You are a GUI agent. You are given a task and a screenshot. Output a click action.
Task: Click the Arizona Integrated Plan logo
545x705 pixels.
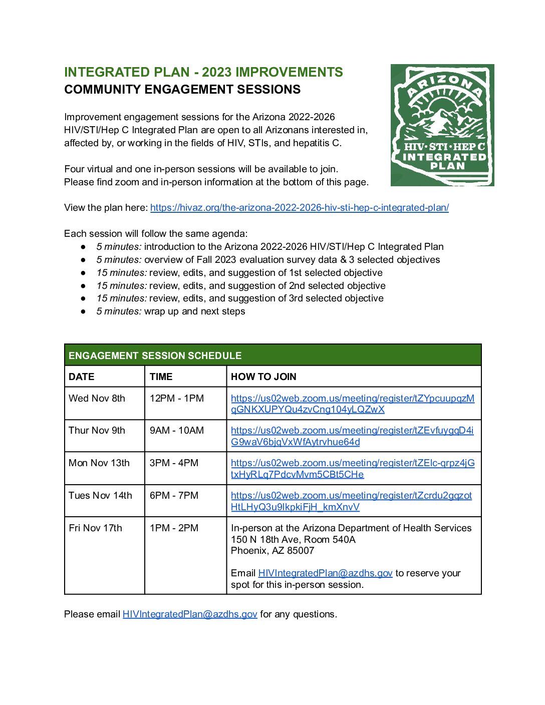click(x=442, y=125)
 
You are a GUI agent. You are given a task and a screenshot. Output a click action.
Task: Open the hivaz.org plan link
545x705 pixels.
click(x=299, y=208)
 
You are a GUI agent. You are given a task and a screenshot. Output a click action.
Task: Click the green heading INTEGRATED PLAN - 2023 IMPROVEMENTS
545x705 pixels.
click(x=203, y=72)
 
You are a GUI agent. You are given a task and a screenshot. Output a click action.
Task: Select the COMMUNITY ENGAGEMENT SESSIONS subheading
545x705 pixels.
click(x=182, y=90)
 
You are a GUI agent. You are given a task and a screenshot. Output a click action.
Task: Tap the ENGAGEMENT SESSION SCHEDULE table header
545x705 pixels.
click(x=155, y=356)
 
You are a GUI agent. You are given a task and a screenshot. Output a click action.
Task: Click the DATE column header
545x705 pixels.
click(x=82, y=377)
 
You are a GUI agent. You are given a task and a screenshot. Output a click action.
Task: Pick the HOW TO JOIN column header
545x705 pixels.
click(x=263, y=377)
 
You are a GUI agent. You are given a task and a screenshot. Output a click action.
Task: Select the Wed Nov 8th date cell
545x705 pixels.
click(x=97, y=399)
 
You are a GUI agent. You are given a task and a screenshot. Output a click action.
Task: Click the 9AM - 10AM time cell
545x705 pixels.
click(x=176, y=431)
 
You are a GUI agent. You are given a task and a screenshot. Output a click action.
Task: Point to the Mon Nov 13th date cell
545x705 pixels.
click(x=99, y=463)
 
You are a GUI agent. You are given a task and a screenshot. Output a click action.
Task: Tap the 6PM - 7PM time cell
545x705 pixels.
click(x=174, y=496)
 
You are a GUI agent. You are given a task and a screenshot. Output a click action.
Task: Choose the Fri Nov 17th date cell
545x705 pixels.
click(x=95, y=528)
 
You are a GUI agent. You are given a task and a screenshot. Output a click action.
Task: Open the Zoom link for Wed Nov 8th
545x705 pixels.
click(x=352, y=404)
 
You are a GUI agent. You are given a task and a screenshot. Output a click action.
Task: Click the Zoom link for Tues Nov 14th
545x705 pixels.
click(x=351, y=501)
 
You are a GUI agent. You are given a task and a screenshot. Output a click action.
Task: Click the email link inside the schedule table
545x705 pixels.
click(x=325, y=573)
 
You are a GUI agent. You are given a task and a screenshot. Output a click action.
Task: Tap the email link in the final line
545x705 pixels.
click(x=190, y=614)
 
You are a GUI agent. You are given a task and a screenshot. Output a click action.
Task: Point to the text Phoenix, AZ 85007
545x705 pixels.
click(x=272, y=551)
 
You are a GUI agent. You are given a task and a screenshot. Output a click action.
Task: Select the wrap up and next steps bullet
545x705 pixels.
click(x=170, y=311)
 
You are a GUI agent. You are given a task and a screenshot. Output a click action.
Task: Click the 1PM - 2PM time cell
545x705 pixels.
click(x=174, y=528)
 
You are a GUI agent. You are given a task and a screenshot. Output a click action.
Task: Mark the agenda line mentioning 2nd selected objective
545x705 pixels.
click(x=241, y=286)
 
